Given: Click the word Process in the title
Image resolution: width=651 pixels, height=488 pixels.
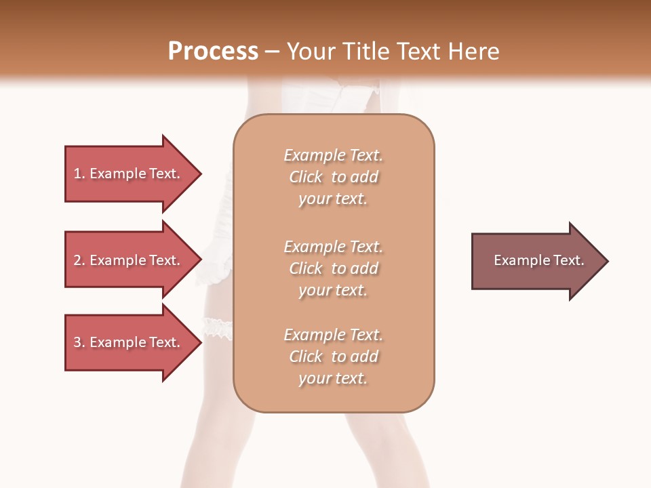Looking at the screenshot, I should pos(213,52).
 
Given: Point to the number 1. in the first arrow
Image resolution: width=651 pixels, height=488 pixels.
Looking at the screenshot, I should pos(79,174).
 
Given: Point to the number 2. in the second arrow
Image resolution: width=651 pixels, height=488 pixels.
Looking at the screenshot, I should pos(79,260).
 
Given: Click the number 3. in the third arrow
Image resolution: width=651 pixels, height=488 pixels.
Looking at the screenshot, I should pos(79,342).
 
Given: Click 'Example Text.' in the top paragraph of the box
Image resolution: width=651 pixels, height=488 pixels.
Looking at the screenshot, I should pos(333,155).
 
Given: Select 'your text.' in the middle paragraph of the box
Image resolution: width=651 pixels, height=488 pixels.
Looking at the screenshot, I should pos(333,290).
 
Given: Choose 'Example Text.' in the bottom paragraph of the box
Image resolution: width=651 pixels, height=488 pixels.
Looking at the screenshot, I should pos(333,335).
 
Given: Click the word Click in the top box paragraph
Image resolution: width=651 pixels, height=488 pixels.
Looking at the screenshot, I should pos(306,177).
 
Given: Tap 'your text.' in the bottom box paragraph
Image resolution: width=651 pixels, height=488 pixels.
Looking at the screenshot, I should pos(333,378).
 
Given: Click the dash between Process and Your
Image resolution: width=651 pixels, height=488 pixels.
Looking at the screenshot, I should pos(272,52).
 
